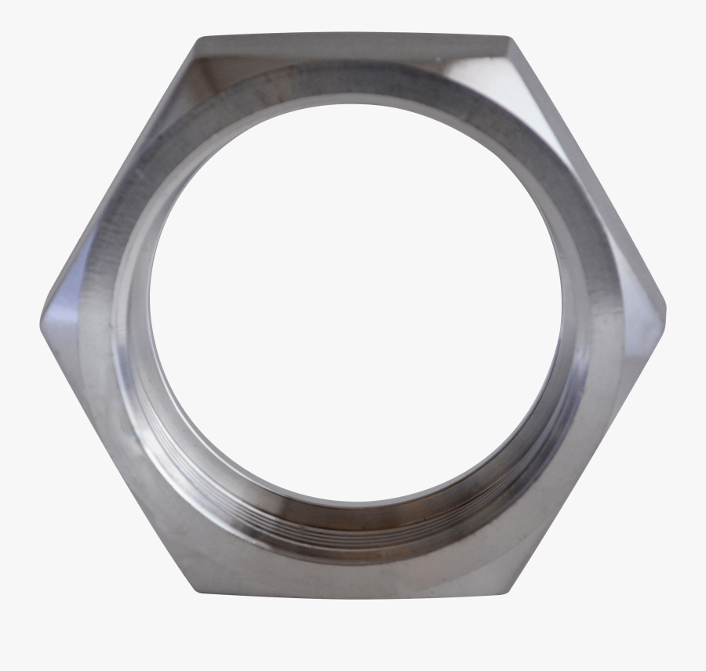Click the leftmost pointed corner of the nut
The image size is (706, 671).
(x=42, y=323)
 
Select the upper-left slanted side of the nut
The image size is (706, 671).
(x=118, y=180)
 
